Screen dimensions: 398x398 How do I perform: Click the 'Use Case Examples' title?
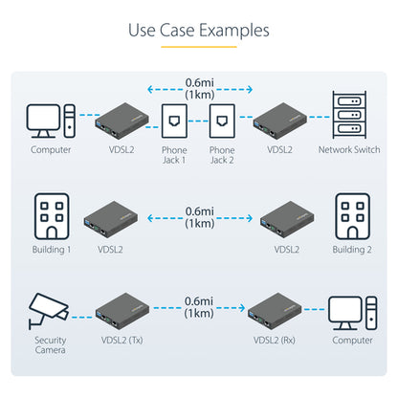click(199, 31)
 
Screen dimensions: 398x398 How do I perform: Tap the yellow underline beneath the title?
click(199, 47)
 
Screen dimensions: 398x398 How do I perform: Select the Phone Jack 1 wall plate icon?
click(174, 121)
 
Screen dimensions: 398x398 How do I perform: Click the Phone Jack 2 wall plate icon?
click(222, 121)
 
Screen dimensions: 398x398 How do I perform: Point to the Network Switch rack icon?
click(349, 115)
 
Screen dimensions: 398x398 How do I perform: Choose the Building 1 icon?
click(52, 216)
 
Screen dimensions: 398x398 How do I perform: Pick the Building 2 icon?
click(352, 216)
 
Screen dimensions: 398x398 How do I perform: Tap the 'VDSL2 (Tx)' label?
click(122, 341)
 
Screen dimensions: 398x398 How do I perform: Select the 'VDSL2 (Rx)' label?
click(275, 341)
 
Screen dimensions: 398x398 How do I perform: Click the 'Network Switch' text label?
click(349, 149)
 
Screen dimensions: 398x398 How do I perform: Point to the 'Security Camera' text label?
click(51, 345)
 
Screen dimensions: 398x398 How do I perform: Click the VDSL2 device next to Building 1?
click(111, 219)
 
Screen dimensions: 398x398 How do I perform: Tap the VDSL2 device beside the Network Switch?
click(280, 121)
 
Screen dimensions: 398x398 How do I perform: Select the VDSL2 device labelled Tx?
click(122, 311)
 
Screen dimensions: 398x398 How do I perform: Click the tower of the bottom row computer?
click(371, 313)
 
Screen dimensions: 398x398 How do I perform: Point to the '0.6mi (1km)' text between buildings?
click(200, 217)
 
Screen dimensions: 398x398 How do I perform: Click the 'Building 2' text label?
click(352, 250)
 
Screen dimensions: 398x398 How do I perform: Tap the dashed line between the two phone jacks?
click(198, 122)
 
